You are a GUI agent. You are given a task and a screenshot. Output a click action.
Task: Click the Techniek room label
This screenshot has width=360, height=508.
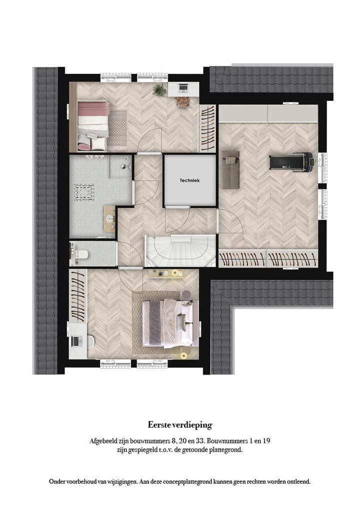[190, 181]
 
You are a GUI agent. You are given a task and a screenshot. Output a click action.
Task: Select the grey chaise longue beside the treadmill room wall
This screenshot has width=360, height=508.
[230, 169]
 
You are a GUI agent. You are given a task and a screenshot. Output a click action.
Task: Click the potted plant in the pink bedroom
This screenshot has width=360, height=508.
[159, 90]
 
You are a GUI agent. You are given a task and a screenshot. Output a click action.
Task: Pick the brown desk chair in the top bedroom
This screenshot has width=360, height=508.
[182, 101]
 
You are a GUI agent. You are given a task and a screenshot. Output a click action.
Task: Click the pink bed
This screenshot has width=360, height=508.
[93, 125]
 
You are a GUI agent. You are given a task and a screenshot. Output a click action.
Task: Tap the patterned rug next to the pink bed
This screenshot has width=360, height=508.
[117, 127]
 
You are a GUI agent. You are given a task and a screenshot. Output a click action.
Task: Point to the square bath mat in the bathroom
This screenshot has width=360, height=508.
[84, 191]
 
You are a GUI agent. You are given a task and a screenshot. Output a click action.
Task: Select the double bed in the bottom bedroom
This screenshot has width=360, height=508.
[169, 323]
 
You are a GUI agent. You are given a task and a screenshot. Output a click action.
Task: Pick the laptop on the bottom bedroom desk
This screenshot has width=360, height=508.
[76, 341]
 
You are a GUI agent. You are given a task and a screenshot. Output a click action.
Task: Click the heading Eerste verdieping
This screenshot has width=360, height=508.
[180, 425]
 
